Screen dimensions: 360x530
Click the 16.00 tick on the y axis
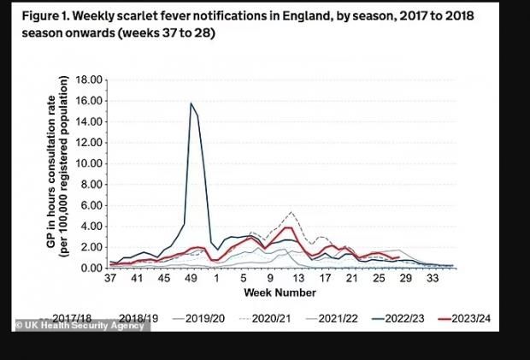pos(89,100)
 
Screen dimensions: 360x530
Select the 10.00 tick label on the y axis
pos(89,163)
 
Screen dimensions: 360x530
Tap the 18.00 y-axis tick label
pos(89,80)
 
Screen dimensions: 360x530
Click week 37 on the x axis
pos(109,280)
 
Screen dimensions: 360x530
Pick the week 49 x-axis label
pos(194,280)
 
